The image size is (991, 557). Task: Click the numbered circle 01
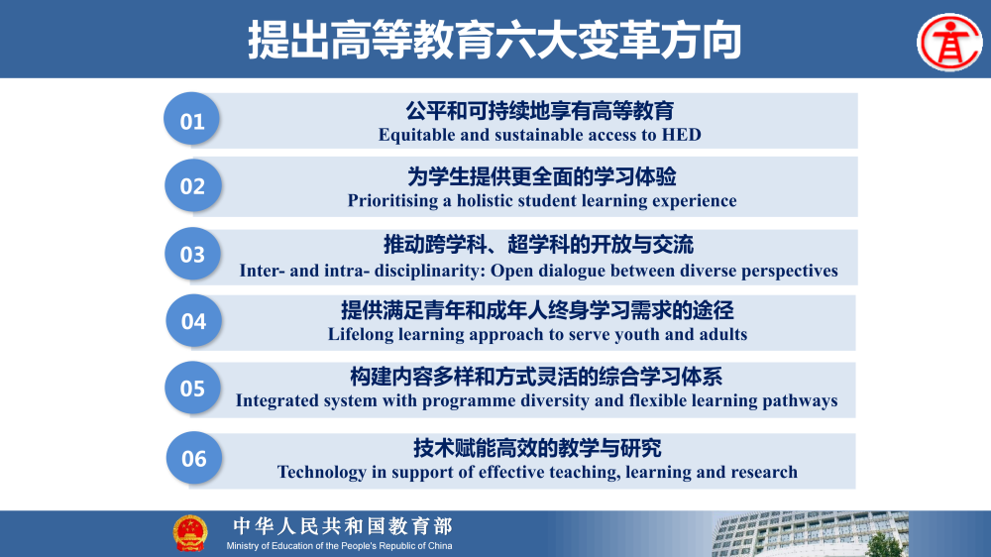(x=192, y=120)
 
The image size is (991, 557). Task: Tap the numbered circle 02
(x=192, y=185)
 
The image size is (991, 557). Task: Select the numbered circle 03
(x=192, y=254)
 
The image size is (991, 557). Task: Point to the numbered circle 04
(x=193, y=320)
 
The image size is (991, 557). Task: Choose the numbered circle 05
(x=192, y=388)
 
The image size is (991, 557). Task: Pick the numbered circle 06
(x=194, y=458)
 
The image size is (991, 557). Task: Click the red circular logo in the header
(x=948, y=42)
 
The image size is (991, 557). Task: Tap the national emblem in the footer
(x=190, y=533)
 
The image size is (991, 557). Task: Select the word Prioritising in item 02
(x=393, y=201)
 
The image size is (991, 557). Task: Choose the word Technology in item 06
(x=321, y=472)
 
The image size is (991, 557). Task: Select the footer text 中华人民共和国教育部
(x=342, y=526)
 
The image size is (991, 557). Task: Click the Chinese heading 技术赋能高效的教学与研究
(x=537, y=448)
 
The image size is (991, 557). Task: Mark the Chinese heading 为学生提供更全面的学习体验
(x=542, y=177)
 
